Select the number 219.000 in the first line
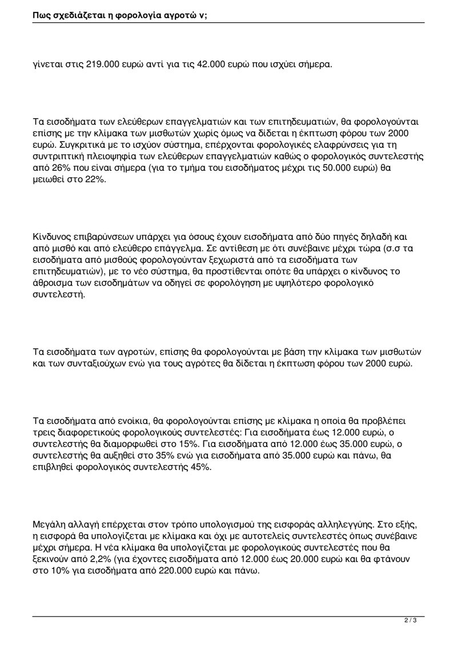click(x=102, y=65)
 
